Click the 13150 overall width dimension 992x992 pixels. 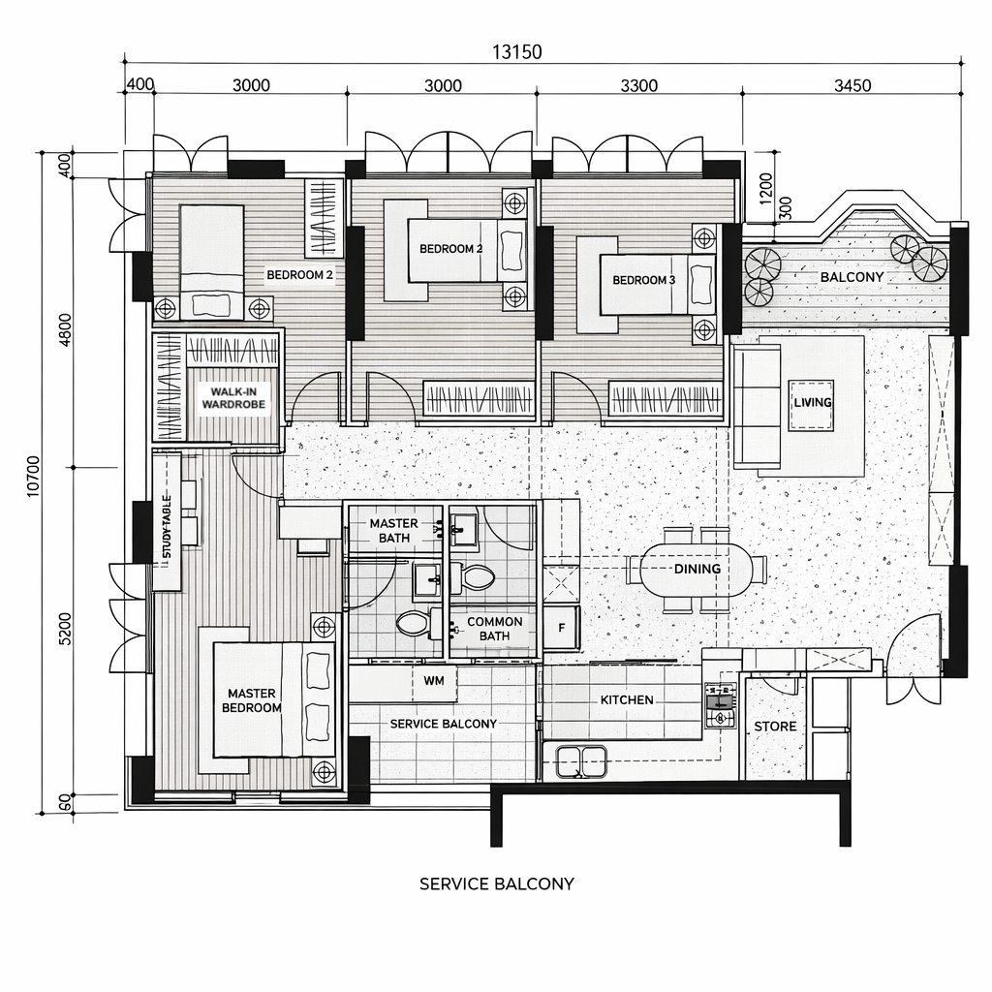click(x=517, y=52)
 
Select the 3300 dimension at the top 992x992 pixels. click(x=638, y=85)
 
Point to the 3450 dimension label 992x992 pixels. click(x=852, y=85)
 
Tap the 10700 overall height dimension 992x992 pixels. click(x=34, y=476)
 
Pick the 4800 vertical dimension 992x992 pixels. click(x=65, y=330)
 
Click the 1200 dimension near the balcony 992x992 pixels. click(x=765, y=189)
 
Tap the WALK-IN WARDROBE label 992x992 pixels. click(x=233, y=398)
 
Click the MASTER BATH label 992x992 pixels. click(x=393, y=530)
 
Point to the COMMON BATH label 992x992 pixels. click(x=494, y=629)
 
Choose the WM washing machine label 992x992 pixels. click(x=433, y=681)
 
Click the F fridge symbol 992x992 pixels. click(x=561, y=628)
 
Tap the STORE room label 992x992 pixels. click(x=775, y=727)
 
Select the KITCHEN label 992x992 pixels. click(x=627, y=699)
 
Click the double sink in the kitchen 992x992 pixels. click(x=581, y=761)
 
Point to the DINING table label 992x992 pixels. click(x=697, y=569)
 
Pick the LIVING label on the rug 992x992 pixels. click(x=813, y=402)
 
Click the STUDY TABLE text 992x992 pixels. click(x=167, y=526)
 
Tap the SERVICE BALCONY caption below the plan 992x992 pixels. click(x=497, y=883)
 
